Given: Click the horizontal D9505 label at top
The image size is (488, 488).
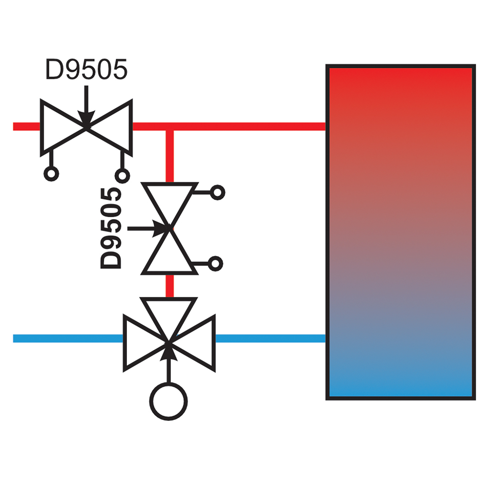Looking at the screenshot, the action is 86,69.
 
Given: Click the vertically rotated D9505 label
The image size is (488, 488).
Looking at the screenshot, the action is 111,228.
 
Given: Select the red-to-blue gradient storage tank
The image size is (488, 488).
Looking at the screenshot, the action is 401,232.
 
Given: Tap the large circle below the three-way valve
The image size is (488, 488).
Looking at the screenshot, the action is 168,402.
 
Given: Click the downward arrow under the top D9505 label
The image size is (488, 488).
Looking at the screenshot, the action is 86,106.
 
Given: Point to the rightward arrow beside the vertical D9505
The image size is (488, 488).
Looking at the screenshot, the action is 148,229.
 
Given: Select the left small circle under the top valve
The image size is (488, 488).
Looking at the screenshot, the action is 51,174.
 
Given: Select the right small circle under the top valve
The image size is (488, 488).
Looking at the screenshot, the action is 122,176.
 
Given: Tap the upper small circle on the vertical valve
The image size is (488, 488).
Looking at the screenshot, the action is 218,193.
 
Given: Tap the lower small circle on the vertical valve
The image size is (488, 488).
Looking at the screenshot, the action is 215,264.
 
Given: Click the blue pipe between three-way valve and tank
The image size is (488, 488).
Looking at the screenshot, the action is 270,338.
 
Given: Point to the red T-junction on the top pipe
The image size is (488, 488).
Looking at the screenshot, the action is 170,127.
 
